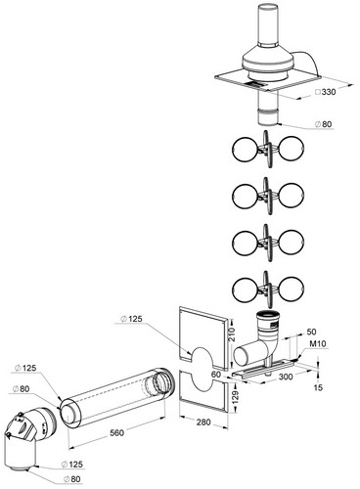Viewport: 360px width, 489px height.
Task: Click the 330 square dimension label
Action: pos(326,92)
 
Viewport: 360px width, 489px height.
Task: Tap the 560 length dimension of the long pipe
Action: pos(116,432)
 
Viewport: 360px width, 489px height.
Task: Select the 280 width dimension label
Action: pos(203,422)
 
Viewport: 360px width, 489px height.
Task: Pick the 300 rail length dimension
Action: pos(286,377)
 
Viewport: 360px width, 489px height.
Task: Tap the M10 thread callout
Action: pos(317,343)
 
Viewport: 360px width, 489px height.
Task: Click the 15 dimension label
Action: pos(318,387)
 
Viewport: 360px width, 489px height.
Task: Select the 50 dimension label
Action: pos(311,332)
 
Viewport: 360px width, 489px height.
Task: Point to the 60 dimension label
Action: pos(216,375)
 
